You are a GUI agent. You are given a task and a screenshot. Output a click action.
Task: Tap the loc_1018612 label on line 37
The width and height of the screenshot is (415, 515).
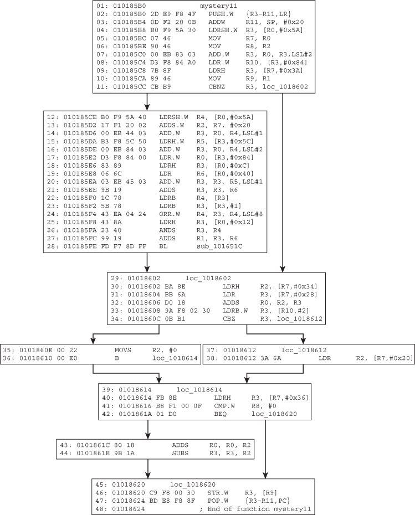click(x=304, y=351)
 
